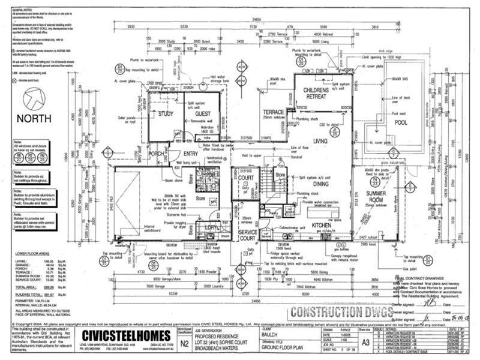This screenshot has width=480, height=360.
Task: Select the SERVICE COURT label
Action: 247,235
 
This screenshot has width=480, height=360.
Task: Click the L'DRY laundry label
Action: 212,229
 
